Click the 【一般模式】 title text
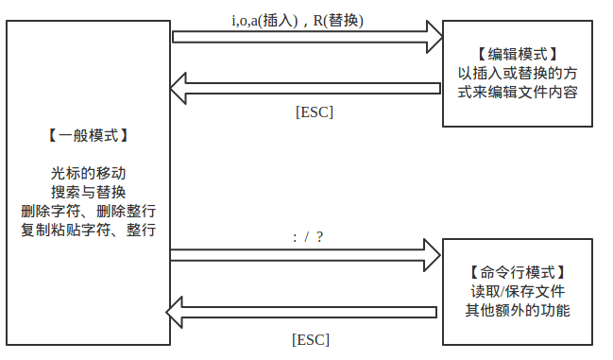pyautogui.click(x=88, y=136)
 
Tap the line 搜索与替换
pyautogui.click(x=88, y=193)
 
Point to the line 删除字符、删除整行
pyautogui.click(x=88, y=211)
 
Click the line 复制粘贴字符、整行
pyautogui.click(x=88, y=230)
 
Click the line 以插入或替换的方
pyautogui.click(x=518, y=74)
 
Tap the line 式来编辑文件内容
pyautogui.click(x=518, y=93)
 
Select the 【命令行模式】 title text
pyautogui.click(x=518, y=271)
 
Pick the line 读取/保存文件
pyautogui.click(x=518, y=290)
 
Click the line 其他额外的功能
pyautogui.click(x=518, y=309)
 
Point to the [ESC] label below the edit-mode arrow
pyautogui.click(x=315, y=111)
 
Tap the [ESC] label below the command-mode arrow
pyautogui.click(x=311, y=339)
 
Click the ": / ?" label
pyautogui.click(x=309, y=236)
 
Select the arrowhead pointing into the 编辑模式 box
pyautogui.click(x=432, y=37)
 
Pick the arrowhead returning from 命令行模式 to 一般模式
pyautogui.click(x=179, y=311)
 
